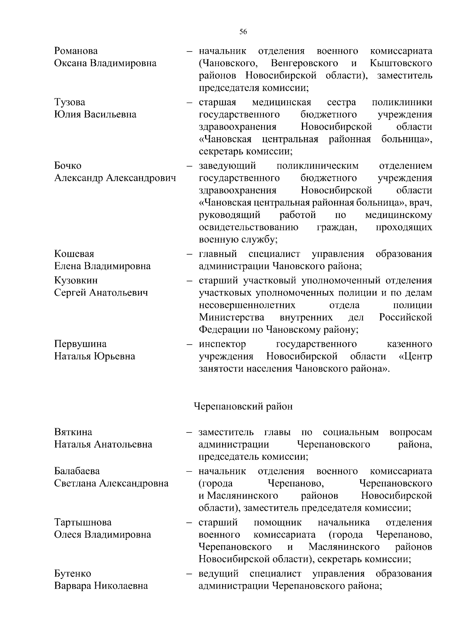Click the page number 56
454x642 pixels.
[243, 32]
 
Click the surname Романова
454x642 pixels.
[76, 51]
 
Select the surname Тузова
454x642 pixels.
[70, 102]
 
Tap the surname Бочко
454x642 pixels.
[68, 166]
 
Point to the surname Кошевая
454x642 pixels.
[74, 254]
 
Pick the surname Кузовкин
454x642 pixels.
[76, 280]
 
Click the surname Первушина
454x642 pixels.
[80, 344]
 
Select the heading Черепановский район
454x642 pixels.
[243, 406]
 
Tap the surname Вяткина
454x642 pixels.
[73, 432]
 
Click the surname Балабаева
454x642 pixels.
[77, 471]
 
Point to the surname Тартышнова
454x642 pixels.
[83, 522]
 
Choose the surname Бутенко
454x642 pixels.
[73, 574]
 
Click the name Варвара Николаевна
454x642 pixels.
[101, 586]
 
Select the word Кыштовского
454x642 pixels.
[401, 63]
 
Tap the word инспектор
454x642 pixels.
[222, 344]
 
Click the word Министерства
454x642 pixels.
[232, 317]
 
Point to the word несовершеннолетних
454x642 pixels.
[247, 305]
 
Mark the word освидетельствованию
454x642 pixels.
[248, 227]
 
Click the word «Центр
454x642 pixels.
[415, 356]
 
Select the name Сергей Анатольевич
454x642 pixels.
[101, 292]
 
